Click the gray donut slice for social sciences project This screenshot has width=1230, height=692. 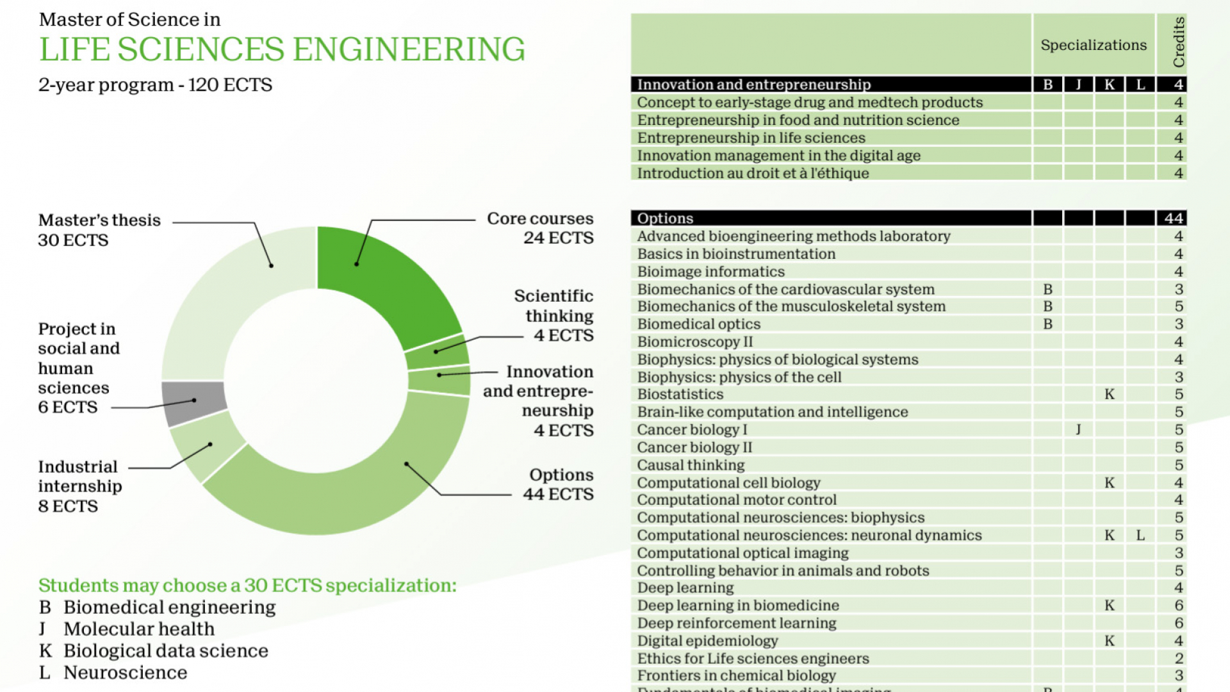tap(193, 401)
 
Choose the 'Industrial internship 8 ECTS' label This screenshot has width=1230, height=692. tap(79, 486)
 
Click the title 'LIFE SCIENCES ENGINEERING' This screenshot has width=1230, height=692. tap(282, 50)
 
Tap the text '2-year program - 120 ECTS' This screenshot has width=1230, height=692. tap(155, 85)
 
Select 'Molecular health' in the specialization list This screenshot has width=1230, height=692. tap(139, 629)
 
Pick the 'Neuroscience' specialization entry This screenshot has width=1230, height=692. tap(125, 673)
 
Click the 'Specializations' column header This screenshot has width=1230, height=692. tap(1094, 45)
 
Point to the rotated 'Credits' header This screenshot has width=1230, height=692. tap(1178, 42)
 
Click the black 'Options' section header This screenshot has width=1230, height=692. tap(665, 218)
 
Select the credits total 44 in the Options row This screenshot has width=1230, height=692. tap(1174, 218)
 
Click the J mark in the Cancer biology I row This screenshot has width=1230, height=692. tap(1079, 430)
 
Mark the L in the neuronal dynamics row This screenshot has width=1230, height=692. tap(1140, 536)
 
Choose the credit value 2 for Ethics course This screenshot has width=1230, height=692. tap(1178, 659)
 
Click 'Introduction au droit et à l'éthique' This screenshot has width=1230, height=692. tap(753, 174)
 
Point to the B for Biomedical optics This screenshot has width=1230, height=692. tap(1048, 324)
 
